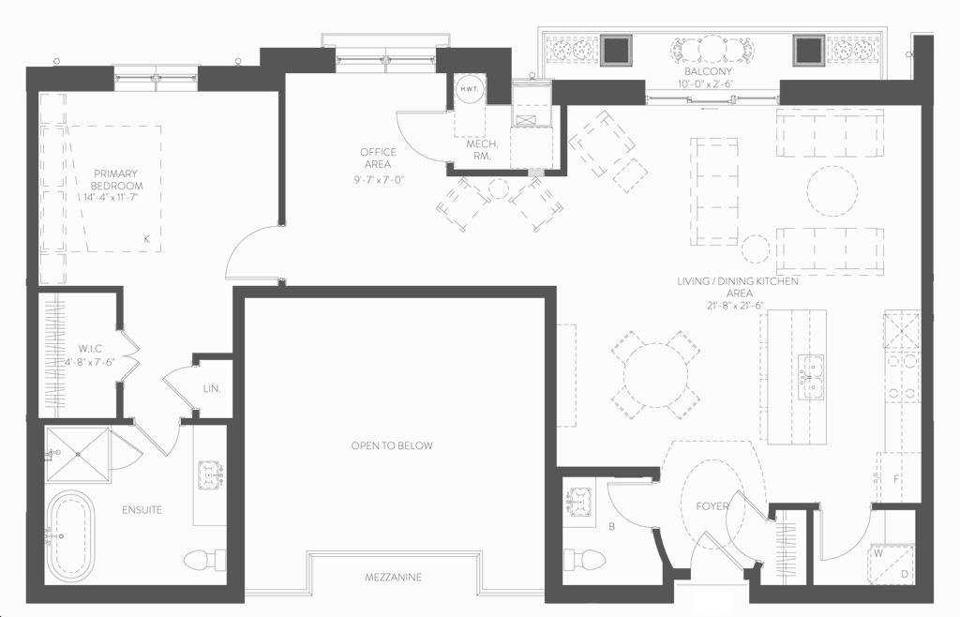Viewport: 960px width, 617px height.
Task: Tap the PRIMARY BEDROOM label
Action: pyautogui.click(x=116, y=179)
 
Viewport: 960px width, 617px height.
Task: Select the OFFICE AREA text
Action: pyautogui.click(x=378, y=158)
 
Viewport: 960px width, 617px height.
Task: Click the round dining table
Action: pyautogui.click(x=656, y=375)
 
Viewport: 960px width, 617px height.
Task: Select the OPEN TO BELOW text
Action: pyautogui.click(x=392, y=445)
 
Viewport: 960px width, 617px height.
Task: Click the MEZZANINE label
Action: pyautogui.click(x=393, y=578)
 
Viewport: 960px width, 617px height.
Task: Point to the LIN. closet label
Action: pyautogui.click(x=212, y=389)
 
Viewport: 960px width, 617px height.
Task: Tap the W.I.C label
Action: pyautogui.click(x=90, y=349)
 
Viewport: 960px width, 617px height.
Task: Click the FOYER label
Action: pyautogui.click(x=712, y=506)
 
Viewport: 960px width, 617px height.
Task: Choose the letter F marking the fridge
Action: pyautogui.click(x=896, y=478)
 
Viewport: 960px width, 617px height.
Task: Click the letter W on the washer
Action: pyautogui.click(x=878, y=553)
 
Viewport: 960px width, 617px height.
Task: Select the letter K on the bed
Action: pyautogui.click(x=146, y=239)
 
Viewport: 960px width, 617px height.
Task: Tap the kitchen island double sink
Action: pyautogui.click(x=811, y=376)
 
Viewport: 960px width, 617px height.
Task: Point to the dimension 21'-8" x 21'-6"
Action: pyautogui.click(x=738, y=306)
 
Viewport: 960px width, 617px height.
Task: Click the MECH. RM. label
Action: pyautogui.click(x=482, y=150)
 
